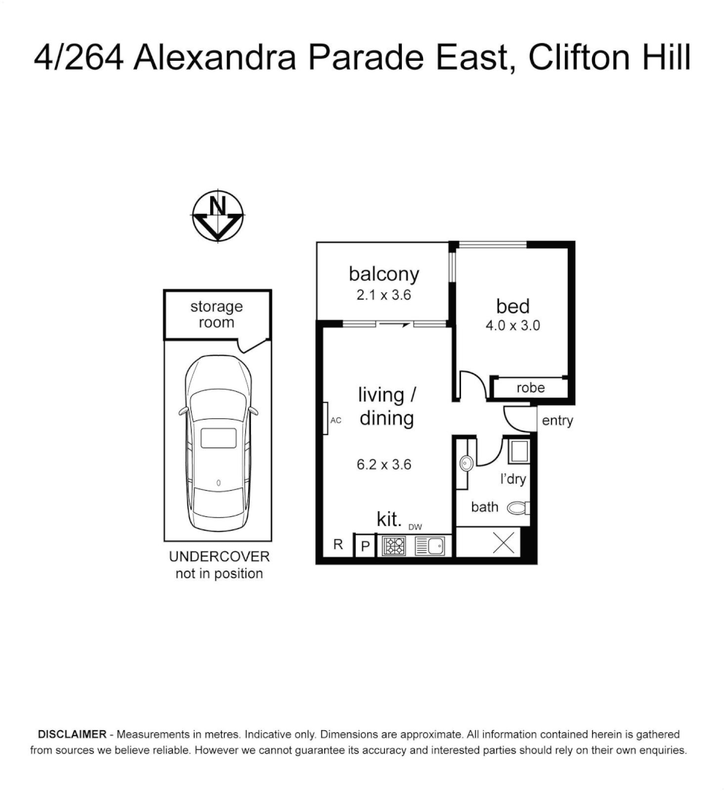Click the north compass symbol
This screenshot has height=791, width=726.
(x=217, y=217)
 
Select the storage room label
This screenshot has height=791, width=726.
(x=217, y=314)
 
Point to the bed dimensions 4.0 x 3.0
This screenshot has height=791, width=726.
(x=512, y=326)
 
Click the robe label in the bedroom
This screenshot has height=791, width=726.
(x=531, y=387)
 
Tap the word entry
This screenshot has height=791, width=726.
(x=557, y=421)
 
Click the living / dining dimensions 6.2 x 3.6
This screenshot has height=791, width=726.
(x=384, y=464)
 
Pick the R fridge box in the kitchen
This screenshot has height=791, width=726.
(x=337, y=545)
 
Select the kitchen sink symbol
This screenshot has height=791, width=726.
(x=430, y=546)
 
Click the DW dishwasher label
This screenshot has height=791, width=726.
(x=415, y=526)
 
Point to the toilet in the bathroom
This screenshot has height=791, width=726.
(x=518, y=507)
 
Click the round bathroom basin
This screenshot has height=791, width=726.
(x=465, y=463)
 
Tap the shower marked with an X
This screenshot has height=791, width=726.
(x=503, y=543)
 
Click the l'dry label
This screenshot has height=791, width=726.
(x=513, y=480)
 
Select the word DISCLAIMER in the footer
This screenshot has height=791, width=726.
(x=70, y=734)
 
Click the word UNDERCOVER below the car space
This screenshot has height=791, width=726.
(x=219, y=557)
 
